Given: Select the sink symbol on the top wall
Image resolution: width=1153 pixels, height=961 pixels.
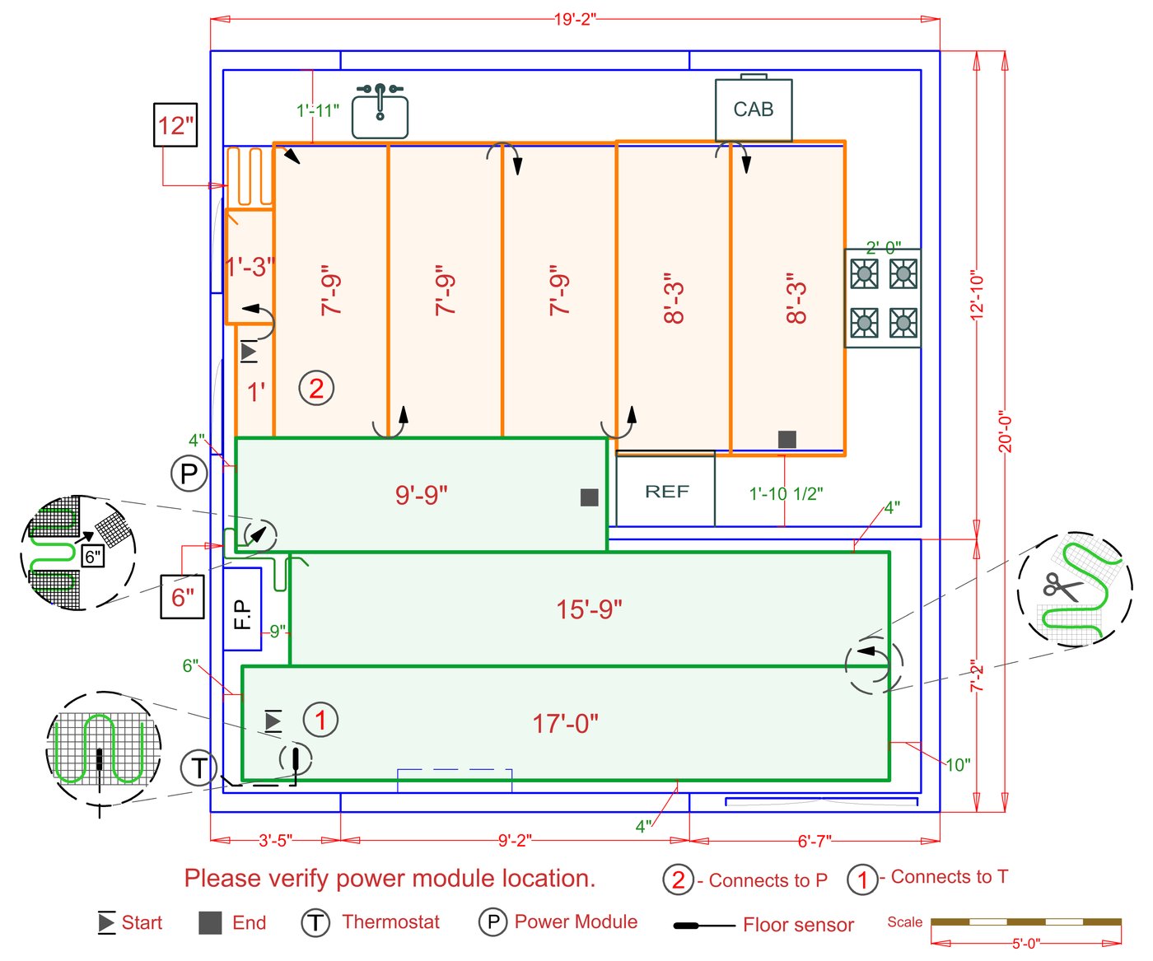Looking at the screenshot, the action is [380, 111].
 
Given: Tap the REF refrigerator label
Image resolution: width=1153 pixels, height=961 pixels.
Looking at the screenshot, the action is [666, 492].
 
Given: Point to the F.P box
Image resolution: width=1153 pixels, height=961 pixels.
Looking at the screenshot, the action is [242, 609].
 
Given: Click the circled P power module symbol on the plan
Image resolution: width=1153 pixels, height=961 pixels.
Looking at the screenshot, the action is [189, 474].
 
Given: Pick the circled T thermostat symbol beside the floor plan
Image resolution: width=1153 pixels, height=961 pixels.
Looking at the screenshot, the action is [198, 767].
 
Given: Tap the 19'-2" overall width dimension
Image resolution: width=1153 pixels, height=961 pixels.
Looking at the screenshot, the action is [575, 19].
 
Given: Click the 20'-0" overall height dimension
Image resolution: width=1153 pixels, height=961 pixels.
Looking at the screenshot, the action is [1005, 434].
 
